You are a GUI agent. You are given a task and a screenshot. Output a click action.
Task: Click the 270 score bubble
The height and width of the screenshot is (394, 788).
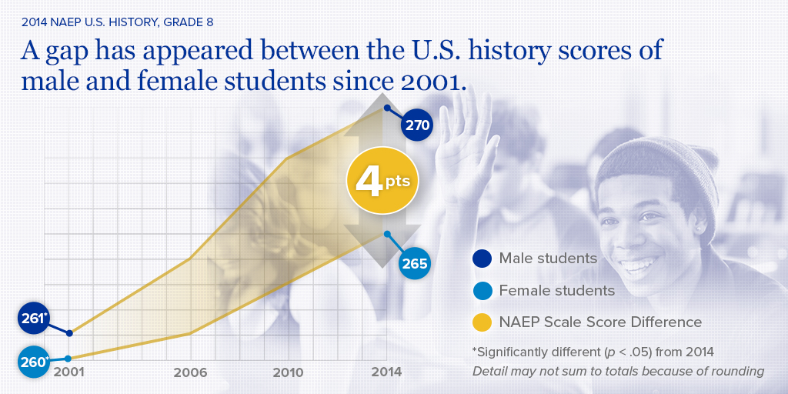416,125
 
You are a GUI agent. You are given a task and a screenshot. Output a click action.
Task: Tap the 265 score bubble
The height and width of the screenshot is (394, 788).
414,264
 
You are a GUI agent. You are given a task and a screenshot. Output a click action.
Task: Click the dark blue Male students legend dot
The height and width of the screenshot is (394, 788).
482,259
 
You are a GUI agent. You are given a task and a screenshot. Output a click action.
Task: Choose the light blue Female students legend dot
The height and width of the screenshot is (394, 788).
482,291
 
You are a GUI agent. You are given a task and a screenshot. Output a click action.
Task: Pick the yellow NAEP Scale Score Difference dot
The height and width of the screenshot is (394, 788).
482,322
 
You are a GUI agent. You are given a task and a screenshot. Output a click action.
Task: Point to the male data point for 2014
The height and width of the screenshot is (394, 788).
386,108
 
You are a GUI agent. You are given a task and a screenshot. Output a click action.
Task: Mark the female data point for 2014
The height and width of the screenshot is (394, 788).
387,234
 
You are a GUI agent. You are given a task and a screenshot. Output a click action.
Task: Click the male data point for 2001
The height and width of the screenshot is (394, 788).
70,333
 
